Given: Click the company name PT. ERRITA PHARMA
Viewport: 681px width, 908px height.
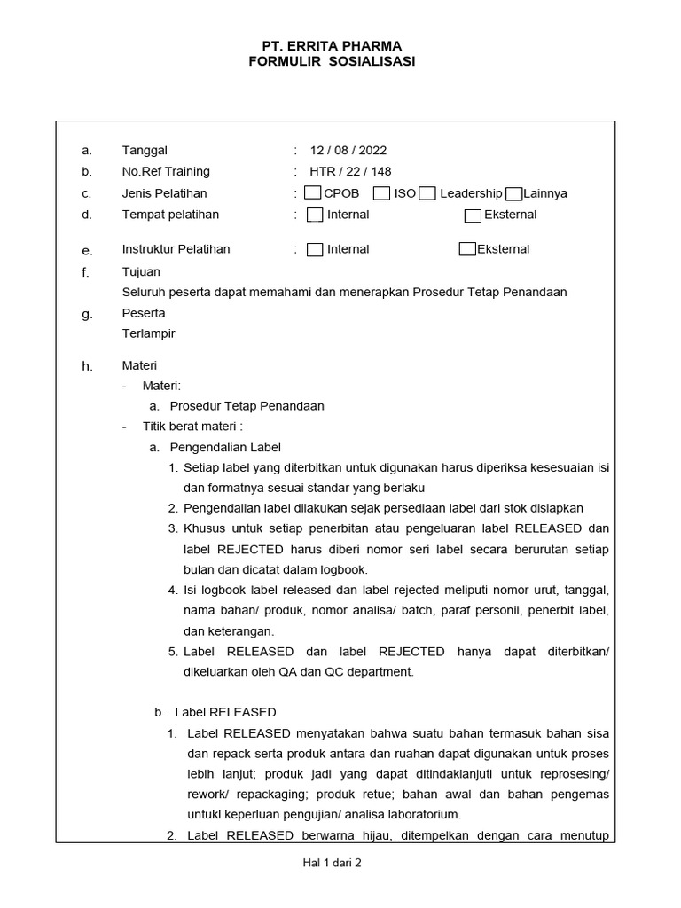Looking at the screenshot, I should pyautogui.click(x=332, y=45).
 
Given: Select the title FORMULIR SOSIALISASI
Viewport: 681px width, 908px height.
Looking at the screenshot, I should pyautogui.click(x=332, y=61).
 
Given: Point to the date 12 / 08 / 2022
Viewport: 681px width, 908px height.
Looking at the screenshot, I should pyautogui.click(x=348, y=151).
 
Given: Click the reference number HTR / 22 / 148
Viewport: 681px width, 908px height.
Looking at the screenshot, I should pyautogui.click(x=350, y=172).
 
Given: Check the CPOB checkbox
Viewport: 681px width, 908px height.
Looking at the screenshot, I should pyautogui.click(x=312, y=193).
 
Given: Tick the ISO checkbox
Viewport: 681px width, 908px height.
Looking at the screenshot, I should pyautogui.click(x=381, y=193).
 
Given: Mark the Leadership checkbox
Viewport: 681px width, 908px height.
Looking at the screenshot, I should pyautogui.click(x=427, y=193).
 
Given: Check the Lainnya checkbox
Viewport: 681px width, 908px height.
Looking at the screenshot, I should pyautogui.click(x=513, y=194).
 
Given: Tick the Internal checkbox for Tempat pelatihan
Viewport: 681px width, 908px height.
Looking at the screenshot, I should pyautogui.click(x=315, y=215).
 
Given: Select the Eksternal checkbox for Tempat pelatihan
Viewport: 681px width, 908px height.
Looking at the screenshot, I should pyautogui.click(x=473, y=215).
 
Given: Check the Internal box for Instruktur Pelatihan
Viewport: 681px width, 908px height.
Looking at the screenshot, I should pyautogui.click(x=315, y=250).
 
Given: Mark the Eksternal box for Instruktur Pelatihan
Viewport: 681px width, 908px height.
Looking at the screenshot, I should pyautogui.click(x=467, y=249).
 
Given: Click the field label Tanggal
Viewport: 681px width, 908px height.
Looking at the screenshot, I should pyautogui.click(x=145, y=151).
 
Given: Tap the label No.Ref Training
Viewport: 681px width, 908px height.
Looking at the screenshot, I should pyautogui.click(x=166, y=172).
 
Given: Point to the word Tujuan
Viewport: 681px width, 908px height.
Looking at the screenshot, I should pyautogui.click(x=141, y=272).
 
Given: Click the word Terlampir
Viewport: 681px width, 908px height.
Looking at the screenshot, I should pyautogui.click(x=148, y=333).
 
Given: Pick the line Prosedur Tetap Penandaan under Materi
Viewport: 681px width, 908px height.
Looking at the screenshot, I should pyautogui.click(x=247, y=406).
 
